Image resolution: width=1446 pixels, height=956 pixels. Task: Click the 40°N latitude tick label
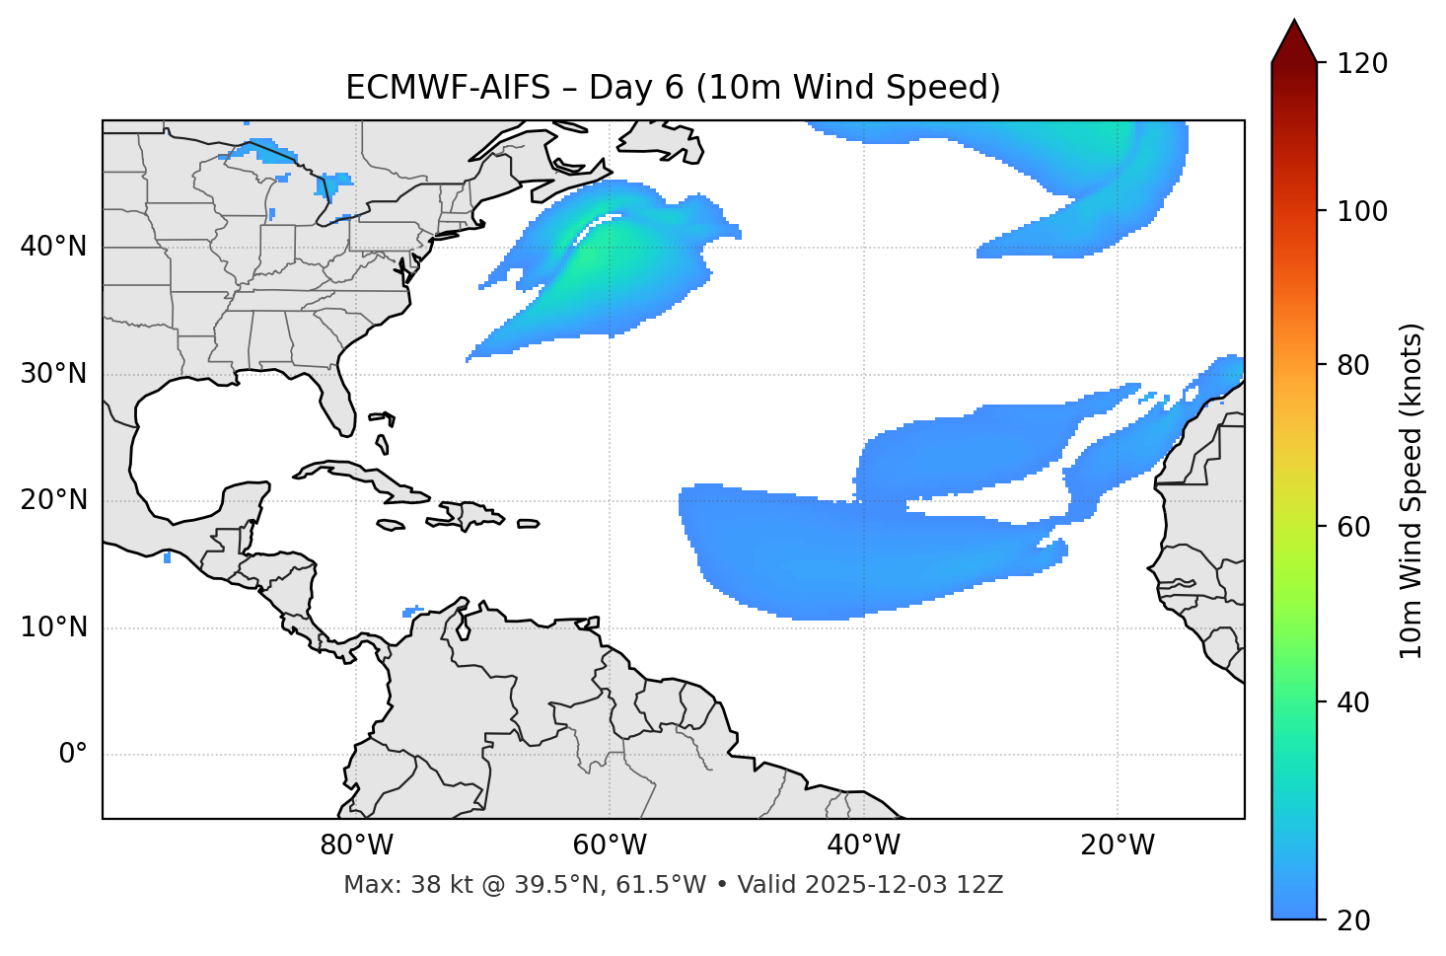(53, 247)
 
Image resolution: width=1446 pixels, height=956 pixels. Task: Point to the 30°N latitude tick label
(53, 374)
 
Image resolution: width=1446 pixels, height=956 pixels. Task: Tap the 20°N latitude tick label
(53, 500)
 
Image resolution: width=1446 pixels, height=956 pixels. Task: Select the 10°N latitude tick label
(53, 627)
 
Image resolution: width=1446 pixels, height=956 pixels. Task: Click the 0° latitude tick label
(73, 755)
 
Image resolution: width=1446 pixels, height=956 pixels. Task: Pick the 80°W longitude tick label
(356, 846)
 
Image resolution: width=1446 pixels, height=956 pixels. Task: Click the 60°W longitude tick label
(610, 846)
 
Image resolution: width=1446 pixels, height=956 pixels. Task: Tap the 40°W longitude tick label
(864, 846)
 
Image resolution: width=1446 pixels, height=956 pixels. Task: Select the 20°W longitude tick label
(1118, 846)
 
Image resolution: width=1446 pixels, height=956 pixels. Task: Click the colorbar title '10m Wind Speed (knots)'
(1411, 490)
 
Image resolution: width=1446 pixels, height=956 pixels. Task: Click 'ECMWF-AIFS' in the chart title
(448, 88)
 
